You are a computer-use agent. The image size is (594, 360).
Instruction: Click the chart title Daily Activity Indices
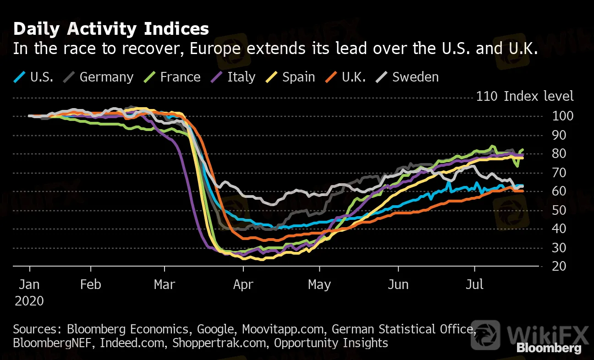coord(111,29)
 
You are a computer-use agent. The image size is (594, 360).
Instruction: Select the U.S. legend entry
coord(42,76)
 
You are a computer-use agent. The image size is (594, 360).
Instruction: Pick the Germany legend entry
coord(106,76)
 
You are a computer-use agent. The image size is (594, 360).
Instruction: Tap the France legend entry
coord(180,76)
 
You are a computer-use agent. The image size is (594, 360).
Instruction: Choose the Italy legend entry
coord(241,76)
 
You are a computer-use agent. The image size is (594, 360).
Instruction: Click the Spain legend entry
coord(298,76)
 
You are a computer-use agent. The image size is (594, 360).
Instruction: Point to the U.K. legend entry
coord(353,76)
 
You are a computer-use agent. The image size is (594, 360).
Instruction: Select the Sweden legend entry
coord(415,76)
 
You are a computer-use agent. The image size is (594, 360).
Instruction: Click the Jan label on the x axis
coord(29,284)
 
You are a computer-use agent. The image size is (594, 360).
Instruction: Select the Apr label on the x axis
coord(243,284)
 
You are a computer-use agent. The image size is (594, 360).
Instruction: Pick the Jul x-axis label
coord(474,284)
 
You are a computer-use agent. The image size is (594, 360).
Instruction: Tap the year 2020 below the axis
coord(29,301)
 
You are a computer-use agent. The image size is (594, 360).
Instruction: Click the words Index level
coord(539,96)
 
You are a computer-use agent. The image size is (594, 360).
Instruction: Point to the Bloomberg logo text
coord(549,348)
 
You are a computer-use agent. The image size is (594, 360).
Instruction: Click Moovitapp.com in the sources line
coord(284,329)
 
